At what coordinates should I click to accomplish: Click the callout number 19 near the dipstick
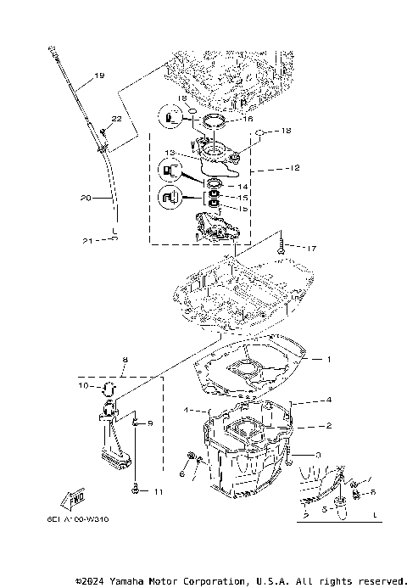[x=99, y=76]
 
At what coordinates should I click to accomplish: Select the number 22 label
[x=115, y=119]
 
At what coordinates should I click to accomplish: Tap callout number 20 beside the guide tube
[x=85, y=199]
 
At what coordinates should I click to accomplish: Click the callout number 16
[x=248, y=120]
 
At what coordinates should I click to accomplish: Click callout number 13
[x=170, y=154]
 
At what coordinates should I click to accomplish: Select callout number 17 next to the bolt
[x=312, y=248]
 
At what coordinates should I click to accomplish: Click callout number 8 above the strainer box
[x=124, y=360]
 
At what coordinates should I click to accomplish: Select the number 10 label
[x=84, y=387]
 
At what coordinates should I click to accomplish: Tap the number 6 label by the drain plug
[x=181, y=475]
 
